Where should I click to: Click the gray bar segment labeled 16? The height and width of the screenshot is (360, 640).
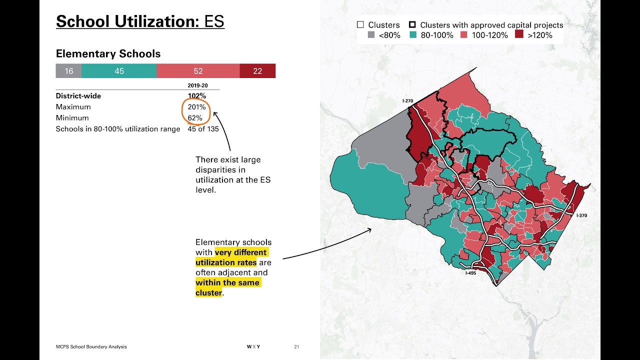click(68, 71)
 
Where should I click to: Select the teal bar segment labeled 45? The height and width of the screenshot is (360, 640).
click(119, 71)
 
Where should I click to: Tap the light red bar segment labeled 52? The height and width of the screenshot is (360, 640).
click(198, 71)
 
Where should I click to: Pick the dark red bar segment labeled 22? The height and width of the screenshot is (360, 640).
click(257, 71)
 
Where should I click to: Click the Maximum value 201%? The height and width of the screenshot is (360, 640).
click(196, 107)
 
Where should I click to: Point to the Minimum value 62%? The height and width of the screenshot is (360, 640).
click(195, 118)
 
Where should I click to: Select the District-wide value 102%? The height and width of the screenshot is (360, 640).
click(196, 96)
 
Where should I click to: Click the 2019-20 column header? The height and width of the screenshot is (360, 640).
click(197, 85)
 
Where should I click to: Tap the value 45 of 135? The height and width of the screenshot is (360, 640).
click(203, 129)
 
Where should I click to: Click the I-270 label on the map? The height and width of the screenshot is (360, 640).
click(408, 101)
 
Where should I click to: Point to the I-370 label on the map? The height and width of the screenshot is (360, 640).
click(581, 215)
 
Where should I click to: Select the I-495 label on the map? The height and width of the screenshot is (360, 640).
click(470, 273)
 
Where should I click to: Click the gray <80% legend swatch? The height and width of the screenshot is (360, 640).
click(371, 35)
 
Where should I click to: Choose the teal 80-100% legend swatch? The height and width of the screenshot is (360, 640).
click(413, 35)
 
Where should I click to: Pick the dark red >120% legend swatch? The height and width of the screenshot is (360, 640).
click(519, 35)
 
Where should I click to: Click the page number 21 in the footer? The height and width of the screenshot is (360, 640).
click(296, 346)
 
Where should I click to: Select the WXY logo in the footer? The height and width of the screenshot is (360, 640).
click(253, 346)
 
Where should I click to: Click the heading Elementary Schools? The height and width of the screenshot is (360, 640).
click(108, 54)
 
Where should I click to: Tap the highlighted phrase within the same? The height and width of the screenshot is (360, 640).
click(227, 282)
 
